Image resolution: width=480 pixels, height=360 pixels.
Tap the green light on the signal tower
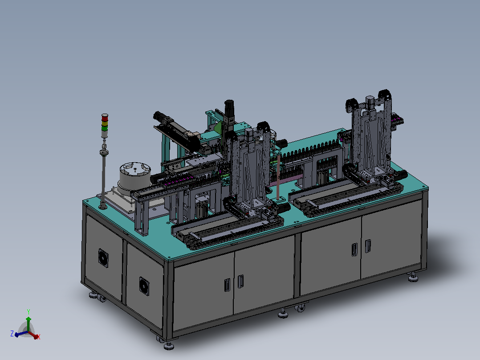(x=105, y=129)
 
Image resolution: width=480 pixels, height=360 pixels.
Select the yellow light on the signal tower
(x=105, y=123)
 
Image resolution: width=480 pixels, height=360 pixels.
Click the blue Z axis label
(x=12, y=334)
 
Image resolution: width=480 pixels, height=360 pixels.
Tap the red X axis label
(x=39, y=337)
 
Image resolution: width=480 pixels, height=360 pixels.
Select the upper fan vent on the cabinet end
(x=103, y=258)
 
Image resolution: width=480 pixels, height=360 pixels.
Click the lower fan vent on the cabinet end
(x=144, y=286)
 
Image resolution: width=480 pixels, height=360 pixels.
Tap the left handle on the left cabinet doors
(x=227, y=285)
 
